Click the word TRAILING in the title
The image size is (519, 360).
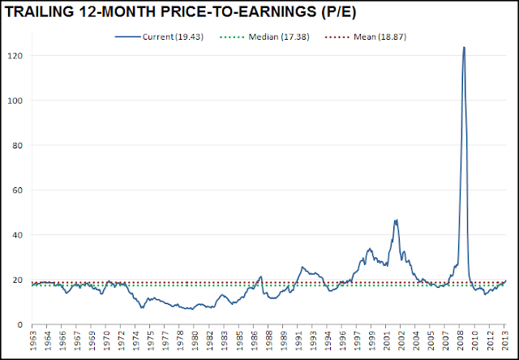tap(39, 12)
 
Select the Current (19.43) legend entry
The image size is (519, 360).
tap(159, 36)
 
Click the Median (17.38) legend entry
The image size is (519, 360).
tap(264, 36)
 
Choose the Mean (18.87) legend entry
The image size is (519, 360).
tap(366, 36)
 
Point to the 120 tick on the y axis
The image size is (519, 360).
tap(17, 56)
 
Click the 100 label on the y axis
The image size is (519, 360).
tap(17, 101)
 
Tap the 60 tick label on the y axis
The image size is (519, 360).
tap(18, 190)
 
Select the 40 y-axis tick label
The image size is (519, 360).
tap(18, 235)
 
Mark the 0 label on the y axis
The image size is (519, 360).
tap(20, 324)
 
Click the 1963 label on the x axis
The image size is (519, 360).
tap(32, 340)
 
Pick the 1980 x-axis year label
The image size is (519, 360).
tap(194, 340)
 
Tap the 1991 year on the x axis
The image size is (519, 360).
tap(298, 340)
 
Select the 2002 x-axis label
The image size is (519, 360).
tap(401, 340)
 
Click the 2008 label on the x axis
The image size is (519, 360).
tap(460, 340)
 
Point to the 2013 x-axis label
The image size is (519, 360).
tap(504, 340)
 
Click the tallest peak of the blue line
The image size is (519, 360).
tap(464, 47)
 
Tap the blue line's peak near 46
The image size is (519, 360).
tap(396, 220)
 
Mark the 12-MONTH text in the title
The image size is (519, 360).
tap(117, 12)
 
